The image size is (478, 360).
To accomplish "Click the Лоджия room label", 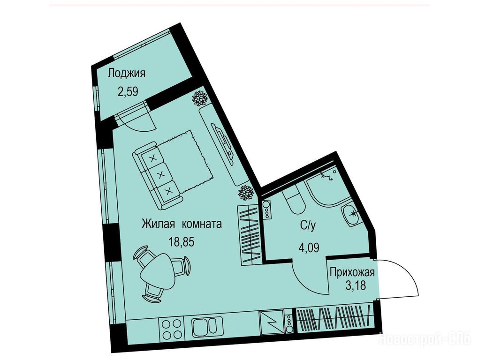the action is click(127, 74).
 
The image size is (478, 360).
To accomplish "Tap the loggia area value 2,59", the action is click(128, 91).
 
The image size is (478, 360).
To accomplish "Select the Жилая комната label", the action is click(182, 224).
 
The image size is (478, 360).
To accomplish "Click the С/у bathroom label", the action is click(307, 225).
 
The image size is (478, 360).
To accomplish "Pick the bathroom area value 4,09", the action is click(309, 247).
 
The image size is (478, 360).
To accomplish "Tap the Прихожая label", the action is click(352, 272).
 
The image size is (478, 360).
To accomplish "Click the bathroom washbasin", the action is click(351, 214).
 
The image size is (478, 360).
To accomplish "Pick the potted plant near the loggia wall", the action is click(200, 98).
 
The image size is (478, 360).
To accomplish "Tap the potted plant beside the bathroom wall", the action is click(246, 193).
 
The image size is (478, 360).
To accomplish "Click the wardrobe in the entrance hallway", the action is click(334, 321).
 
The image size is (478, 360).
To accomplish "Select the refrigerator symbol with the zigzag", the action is click(271, 324).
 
